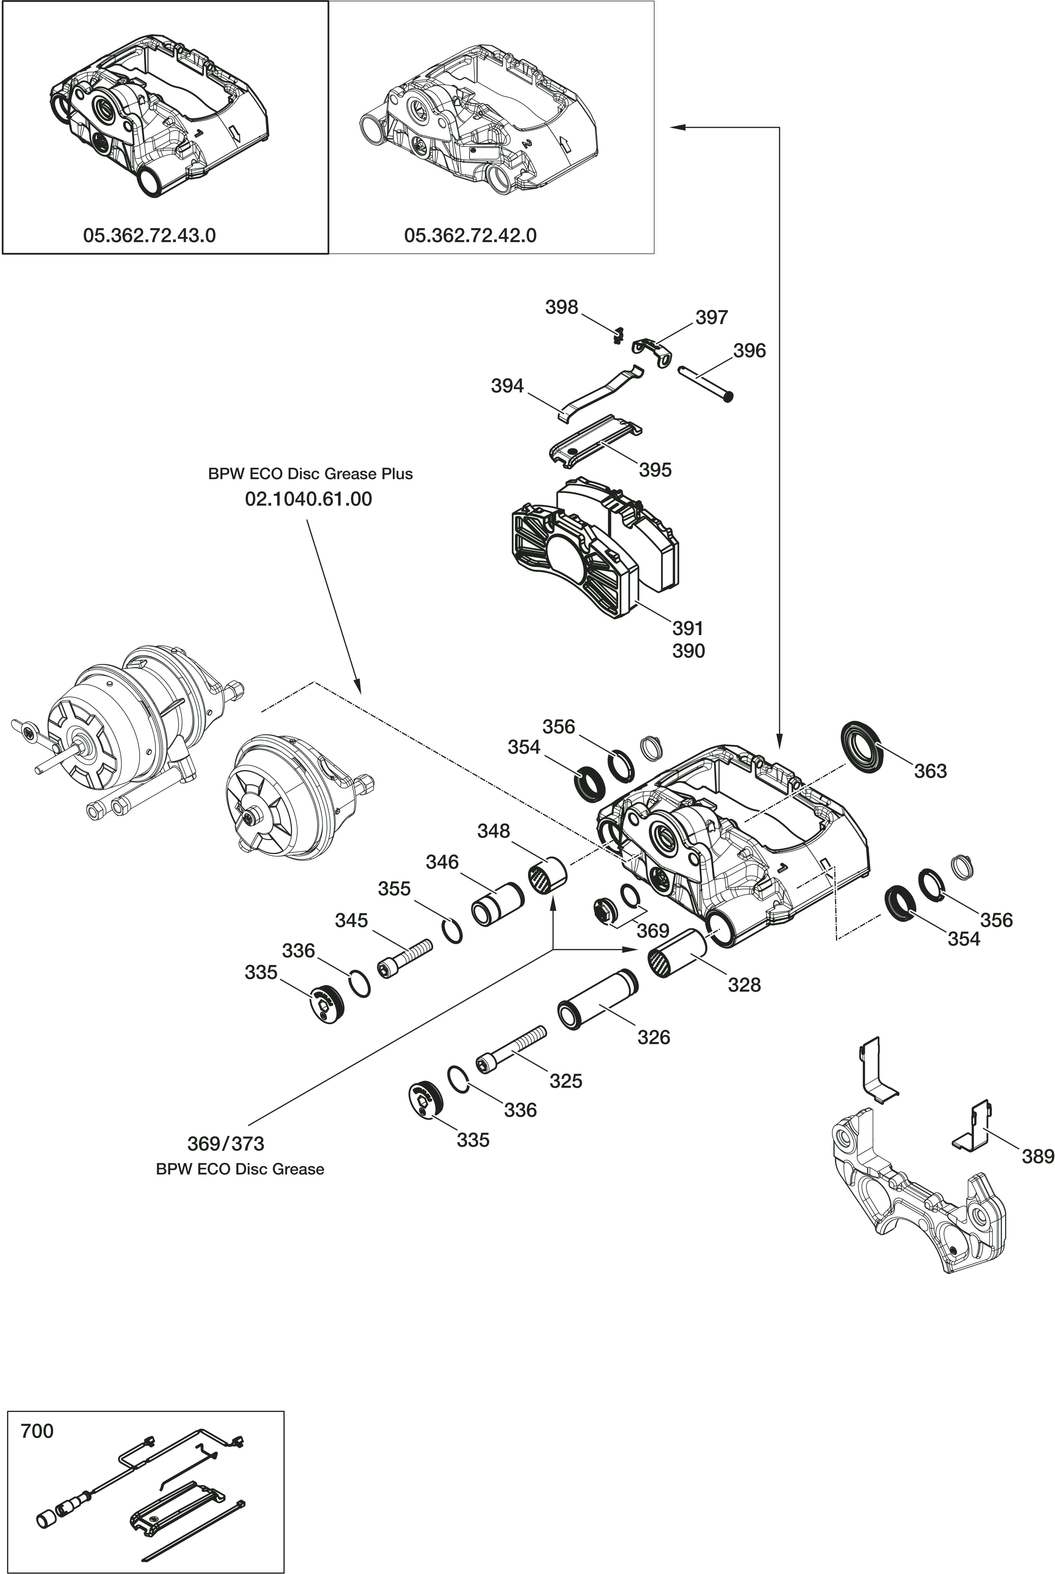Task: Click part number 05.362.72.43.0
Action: coord(149,235)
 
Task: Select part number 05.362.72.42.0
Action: coord(470,235)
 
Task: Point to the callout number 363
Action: coord(931,771)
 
